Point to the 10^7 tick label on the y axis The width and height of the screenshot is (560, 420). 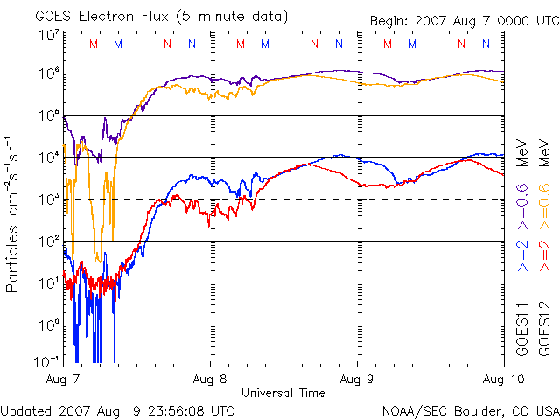[x=49, y=36]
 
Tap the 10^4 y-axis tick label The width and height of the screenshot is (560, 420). [x=49, y=157]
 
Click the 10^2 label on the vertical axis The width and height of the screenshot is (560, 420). [x=49, y=241]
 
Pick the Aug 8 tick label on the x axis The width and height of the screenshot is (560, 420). [x=210, y=380]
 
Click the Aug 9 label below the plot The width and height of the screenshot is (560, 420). [x=357, y=380]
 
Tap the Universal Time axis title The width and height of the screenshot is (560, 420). [x=283, y=393]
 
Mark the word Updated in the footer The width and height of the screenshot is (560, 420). [x=27, y=409]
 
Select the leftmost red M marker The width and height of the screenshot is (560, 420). [x=94, y=44]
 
